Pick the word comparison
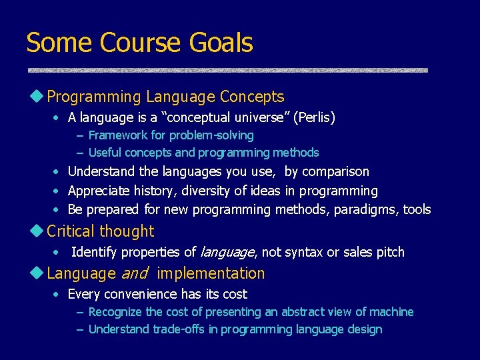point(336,172)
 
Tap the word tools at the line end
point(417,210)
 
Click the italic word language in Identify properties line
point(227,253)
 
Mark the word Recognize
point(115,312)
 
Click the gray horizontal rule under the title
point(227,70)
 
